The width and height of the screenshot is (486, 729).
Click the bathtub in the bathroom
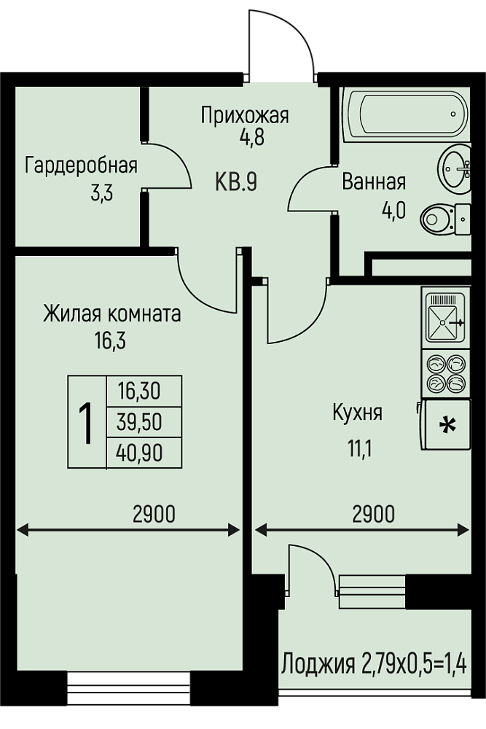(407, 114)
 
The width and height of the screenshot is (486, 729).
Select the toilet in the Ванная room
(445, 219)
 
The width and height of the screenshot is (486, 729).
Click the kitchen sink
(445, 318)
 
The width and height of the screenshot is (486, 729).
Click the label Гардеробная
(82, 166)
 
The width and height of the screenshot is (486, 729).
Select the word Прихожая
(245, 115)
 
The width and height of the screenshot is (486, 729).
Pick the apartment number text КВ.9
(236, 182)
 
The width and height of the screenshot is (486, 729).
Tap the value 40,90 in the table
(139, 453)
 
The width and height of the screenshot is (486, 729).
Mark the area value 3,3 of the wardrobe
(102, 192)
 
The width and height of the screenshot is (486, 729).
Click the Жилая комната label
(112, 314)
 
